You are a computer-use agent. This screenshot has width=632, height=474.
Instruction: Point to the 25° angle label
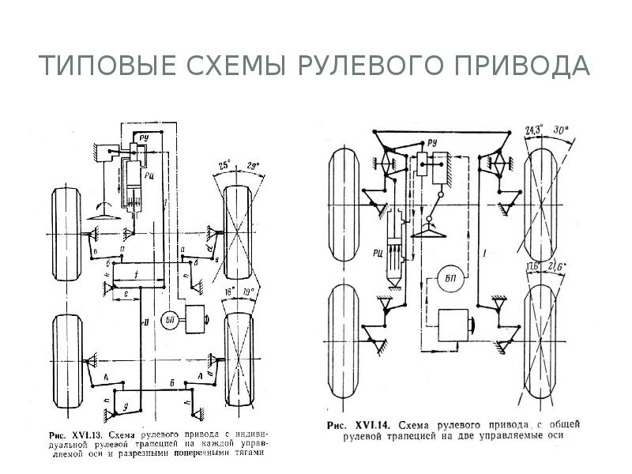click(224, 165)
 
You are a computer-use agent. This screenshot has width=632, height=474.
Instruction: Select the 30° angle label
click(562, 129)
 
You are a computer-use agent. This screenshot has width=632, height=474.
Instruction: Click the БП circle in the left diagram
click(168, 319)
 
